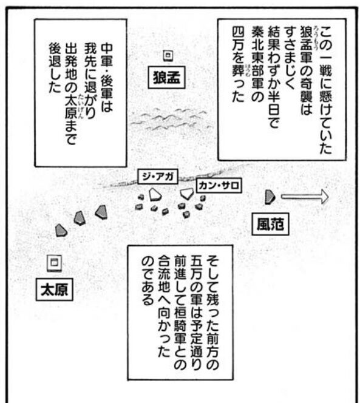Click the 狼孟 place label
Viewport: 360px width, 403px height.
(166, 77)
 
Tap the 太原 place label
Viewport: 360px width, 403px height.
(54, 290)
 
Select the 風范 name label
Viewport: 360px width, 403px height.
(270, 224)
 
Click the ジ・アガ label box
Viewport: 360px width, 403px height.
(158, 177)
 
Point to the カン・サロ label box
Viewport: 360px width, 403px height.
(219, 185)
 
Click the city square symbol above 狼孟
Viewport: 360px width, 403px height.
(168, 56)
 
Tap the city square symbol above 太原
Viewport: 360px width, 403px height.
(54, 263)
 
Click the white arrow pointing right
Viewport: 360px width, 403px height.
(305, 197)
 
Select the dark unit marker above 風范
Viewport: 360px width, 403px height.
(270, 197)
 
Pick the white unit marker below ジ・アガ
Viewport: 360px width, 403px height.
(155, 195)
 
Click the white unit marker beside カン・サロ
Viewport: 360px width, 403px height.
(187, 194)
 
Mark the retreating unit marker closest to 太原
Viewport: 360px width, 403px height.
(61, 231)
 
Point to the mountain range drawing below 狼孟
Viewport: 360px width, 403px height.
(170, 119)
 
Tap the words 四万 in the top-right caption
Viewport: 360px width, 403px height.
(238, 37)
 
